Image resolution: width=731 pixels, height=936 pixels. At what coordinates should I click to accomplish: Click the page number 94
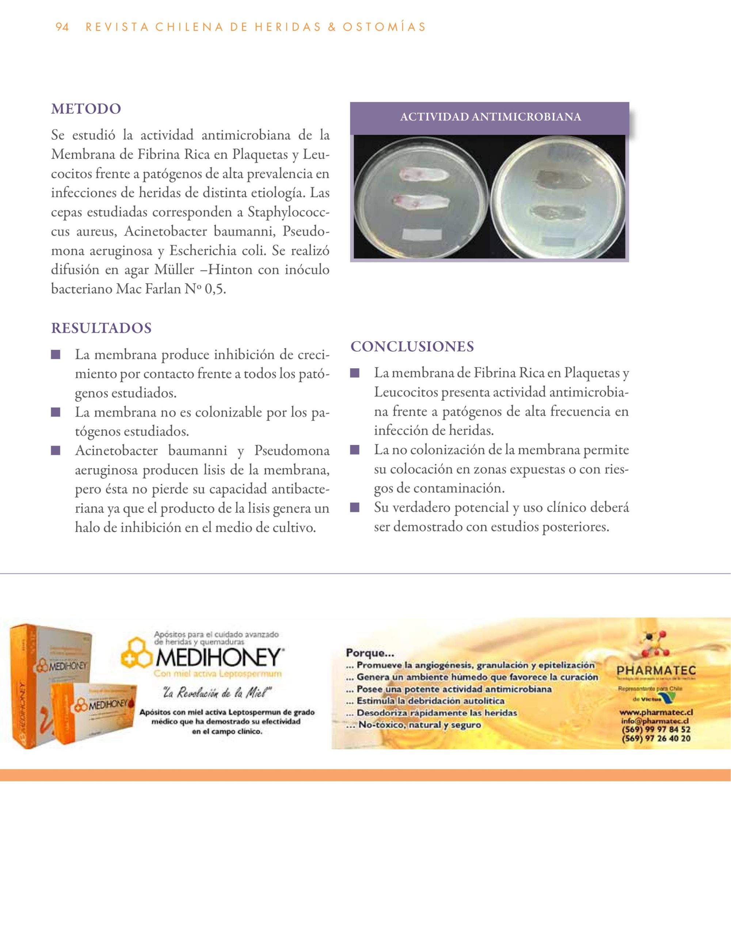coord(62,27)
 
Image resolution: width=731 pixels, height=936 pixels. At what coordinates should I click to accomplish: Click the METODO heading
coord(86,109)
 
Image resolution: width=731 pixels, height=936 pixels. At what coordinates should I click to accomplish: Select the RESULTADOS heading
coord(102,328)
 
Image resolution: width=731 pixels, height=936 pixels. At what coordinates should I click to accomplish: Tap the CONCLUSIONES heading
coord(412,346)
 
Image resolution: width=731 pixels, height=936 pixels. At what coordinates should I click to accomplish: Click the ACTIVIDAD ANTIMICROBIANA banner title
coord(490,117)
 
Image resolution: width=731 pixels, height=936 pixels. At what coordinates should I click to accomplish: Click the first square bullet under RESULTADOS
coord(55,355)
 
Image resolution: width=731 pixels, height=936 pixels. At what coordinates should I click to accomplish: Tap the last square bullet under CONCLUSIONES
coord(354,508)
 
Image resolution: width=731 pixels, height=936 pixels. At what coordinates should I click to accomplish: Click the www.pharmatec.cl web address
coord(656,712)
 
